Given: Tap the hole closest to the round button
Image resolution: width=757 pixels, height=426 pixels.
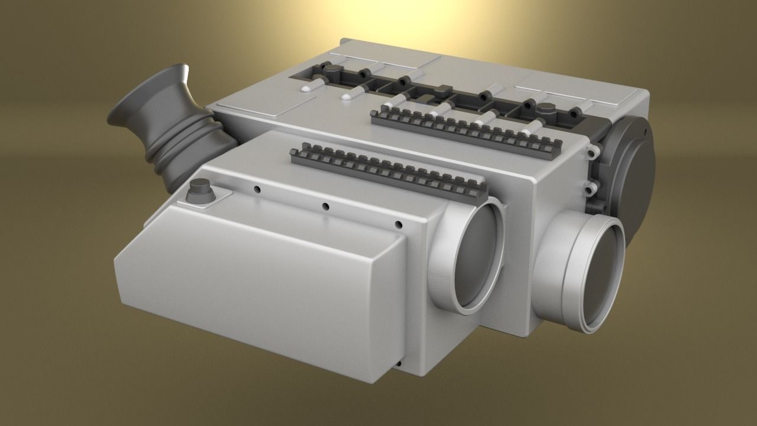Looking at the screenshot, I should click(257, 189).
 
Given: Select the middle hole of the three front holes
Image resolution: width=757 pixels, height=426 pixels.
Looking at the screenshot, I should click(325, 206).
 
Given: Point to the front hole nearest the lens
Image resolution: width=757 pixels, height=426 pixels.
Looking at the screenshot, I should click(399, 224).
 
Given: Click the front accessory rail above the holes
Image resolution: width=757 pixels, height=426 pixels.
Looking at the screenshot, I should click(387, 169).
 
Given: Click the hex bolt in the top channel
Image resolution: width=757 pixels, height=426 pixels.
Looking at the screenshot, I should click(546, 109).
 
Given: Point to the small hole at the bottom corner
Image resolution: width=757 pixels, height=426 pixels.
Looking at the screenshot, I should click(400, 363).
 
